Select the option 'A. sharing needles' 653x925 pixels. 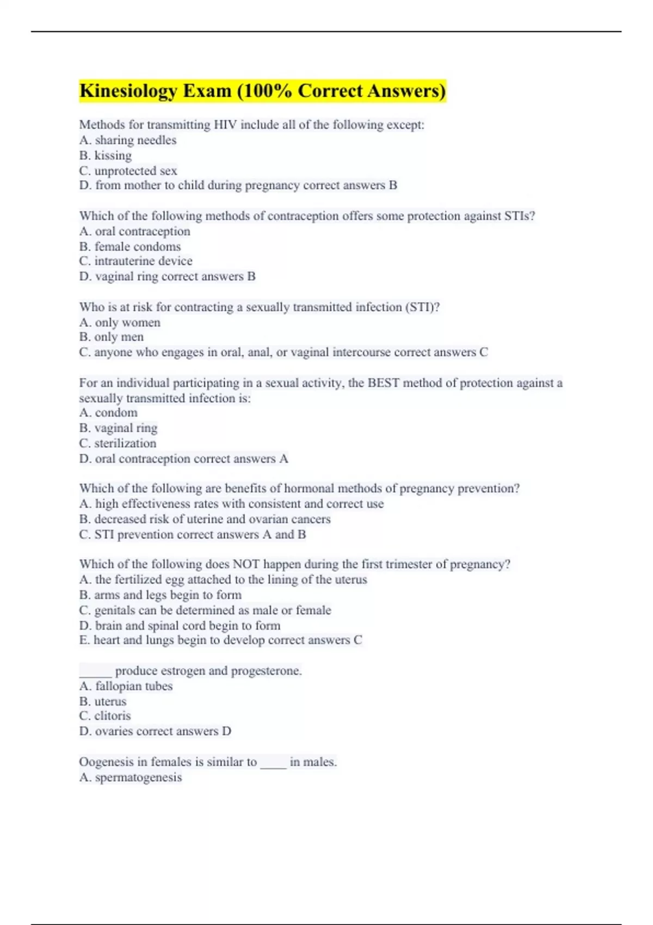[128, 140]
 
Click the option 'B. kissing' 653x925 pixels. [106, 156]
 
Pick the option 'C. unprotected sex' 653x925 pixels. [128, 171]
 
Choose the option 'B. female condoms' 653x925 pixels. [130, 246]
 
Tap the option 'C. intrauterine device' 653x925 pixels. [135, 261]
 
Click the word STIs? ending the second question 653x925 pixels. [519, 216]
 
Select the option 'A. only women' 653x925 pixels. [120, 323]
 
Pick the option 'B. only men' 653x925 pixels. [112, 337]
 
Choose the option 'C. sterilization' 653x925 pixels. [118, 443]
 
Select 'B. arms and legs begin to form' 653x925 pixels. [161, 595]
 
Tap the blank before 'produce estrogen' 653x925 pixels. [95, 671]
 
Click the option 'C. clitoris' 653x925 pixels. [105, 716]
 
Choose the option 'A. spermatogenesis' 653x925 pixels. [131, 778]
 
